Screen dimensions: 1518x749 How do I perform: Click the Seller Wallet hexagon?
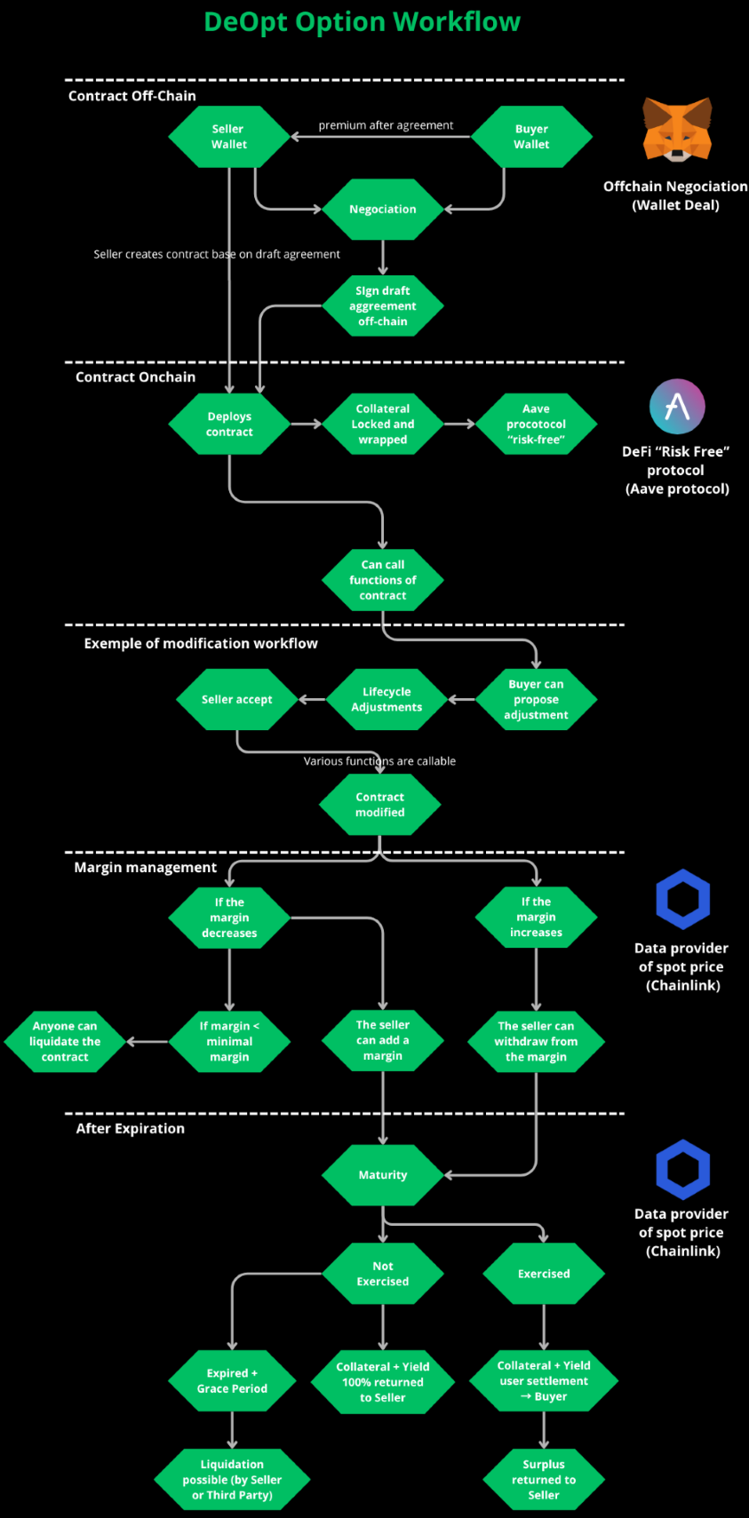(229, 137)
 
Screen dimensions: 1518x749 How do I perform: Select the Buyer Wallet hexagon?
(531, 137)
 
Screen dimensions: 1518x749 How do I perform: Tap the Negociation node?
(382, 210)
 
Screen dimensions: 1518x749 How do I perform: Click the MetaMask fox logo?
(677, 130)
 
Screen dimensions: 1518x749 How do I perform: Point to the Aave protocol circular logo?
(677, 407)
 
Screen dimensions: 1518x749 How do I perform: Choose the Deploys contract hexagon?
(229, 424)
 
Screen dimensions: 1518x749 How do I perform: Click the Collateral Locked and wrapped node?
(382, 424)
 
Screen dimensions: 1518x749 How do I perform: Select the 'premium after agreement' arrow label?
(386, 125)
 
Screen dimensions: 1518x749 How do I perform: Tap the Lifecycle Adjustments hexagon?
(386, 699)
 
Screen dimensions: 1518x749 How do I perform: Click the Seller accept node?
(236, 699)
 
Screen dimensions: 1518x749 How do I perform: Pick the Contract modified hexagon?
(380, 804)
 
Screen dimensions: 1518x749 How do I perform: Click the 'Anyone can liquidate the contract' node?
(65, 1041)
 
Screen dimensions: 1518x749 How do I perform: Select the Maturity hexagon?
(382, 1174)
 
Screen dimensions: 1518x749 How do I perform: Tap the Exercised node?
(544, 1273)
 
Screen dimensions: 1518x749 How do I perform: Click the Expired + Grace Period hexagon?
(232, 1380)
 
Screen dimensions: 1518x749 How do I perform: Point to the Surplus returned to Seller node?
(544, 1480)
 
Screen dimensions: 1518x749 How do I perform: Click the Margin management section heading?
(146, 867)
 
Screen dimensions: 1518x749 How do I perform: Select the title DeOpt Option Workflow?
(363, 21)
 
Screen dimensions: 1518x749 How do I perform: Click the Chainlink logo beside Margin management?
(682, 899)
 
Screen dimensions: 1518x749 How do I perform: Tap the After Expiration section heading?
(131, 1128)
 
